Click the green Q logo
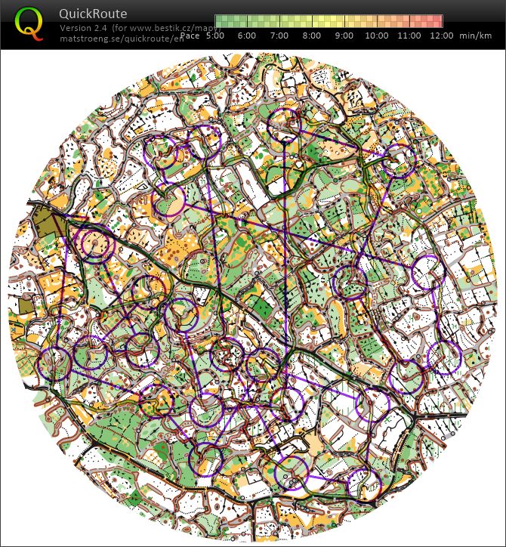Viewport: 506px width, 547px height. pos(29,23)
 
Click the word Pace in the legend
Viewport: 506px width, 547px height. pos(191,36)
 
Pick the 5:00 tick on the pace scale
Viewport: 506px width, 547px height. pos(215,36)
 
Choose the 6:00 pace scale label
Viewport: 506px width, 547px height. pos(247,36)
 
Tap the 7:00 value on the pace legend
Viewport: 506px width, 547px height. pos(279,36)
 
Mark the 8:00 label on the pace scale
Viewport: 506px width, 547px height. pos(310,36)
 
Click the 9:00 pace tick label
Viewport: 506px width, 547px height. pos(343,36)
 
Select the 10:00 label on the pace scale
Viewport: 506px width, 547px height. pos(377,36)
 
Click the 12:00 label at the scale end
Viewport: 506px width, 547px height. pos(441,36)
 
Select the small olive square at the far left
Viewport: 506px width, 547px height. pos(26,305)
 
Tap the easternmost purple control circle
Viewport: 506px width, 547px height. pos(445,357)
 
